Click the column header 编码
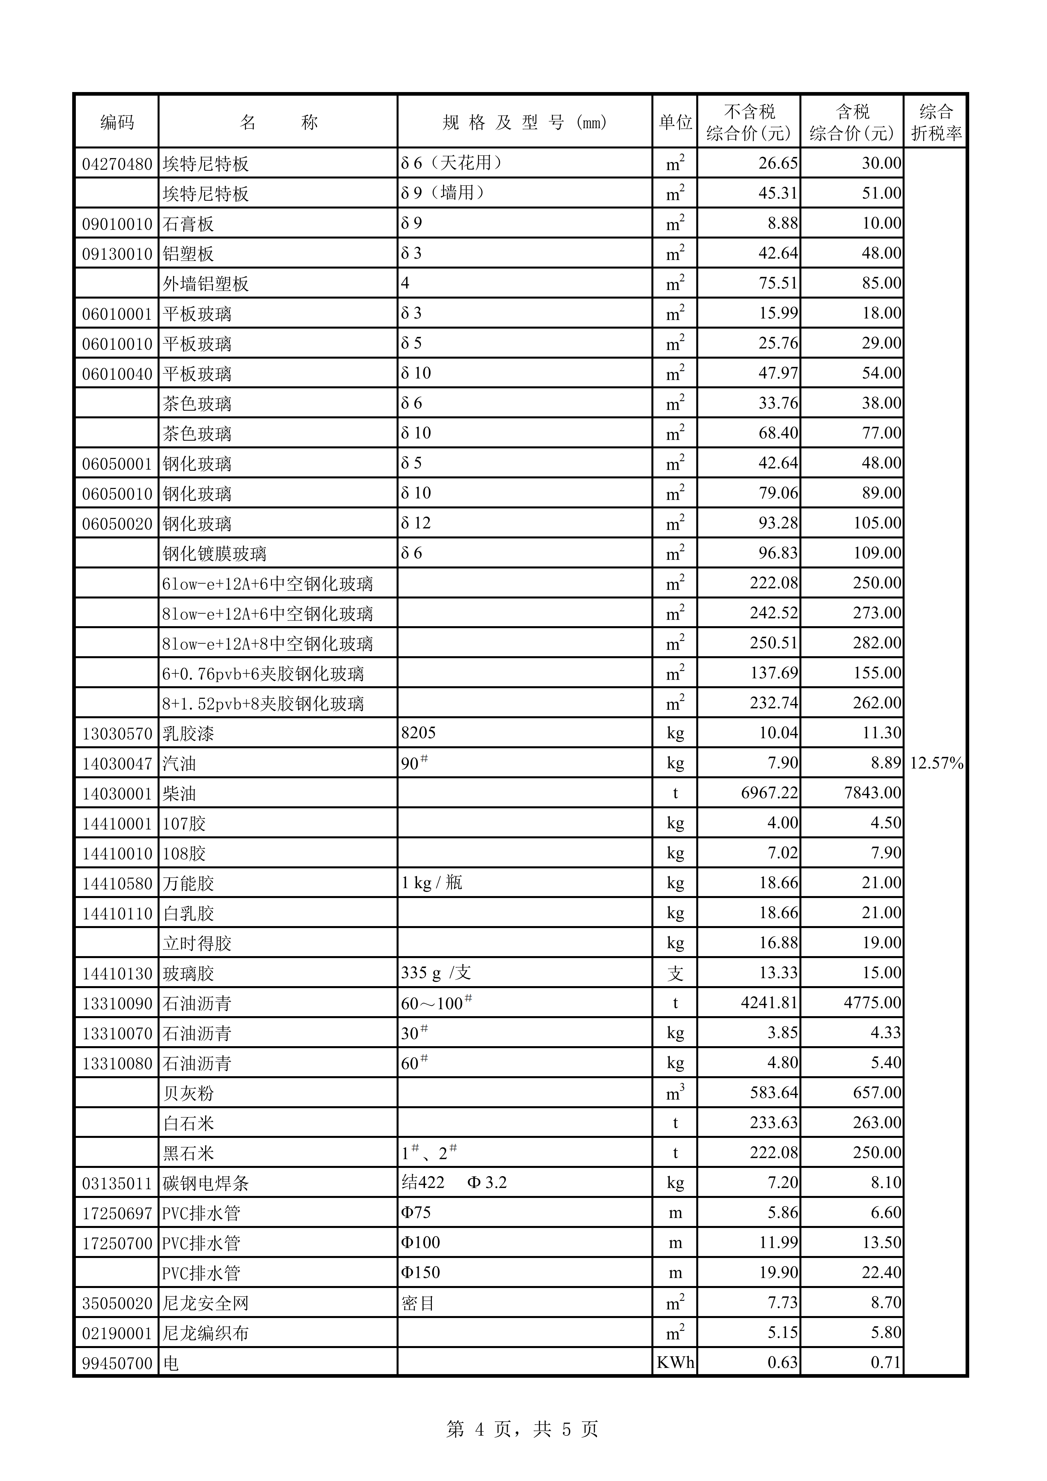(x=117, y=122)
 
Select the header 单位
(x=675, y=122)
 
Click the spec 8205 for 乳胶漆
(x=418, y=733)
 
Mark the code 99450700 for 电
(x=117, y=1363)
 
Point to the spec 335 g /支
(x=436, y=973)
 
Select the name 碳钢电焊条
(x=206, y=1183)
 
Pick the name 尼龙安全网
(x=206, y=1303)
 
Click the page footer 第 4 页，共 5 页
(x=522, y=1430)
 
